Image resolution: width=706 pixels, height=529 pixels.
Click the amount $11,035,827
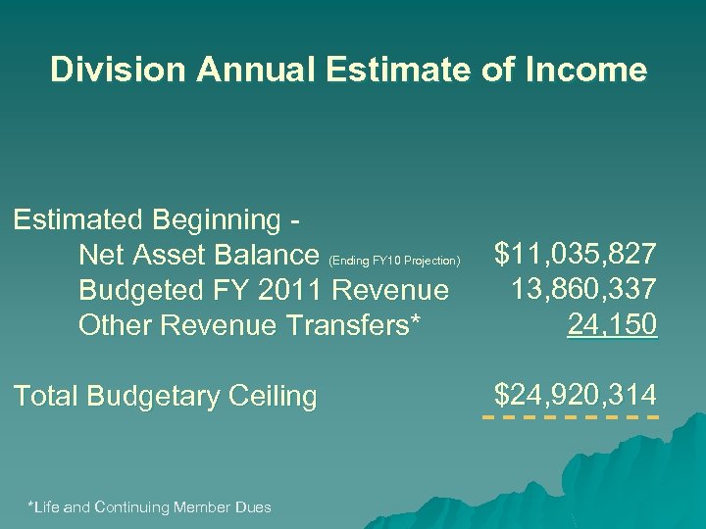click(x=576, y=256)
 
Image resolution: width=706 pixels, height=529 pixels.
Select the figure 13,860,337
click(x=583, y=290)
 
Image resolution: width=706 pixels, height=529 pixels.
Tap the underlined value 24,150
click(x=612, y=324)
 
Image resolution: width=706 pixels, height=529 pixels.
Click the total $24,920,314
click(x=576, y=395)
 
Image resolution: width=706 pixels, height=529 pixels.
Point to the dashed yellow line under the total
click(x=570, y=418)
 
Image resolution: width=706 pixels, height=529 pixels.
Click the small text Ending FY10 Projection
click(x=394, y=262)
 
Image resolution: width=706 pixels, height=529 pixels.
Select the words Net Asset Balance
click(x=198, y=256)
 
